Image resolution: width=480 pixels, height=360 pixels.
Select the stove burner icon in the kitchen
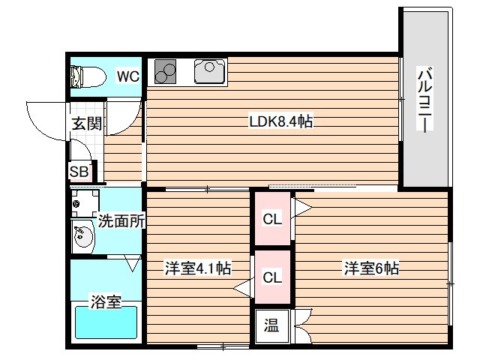166,72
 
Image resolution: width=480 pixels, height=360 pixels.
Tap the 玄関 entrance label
87,124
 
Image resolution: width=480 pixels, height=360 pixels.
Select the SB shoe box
79,171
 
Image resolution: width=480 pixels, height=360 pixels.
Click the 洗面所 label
121,221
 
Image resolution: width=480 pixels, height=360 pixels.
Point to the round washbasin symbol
82,237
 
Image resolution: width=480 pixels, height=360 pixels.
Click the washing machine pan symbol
85,202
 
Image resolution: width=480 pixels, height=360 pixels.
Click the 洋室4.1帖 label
197,268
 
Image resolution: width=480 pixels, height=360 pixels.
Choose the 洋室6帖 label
371,268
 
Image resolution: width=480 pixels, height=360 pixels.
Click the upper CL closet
271,219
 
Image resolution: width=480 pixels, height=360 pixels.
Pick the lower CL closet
271,277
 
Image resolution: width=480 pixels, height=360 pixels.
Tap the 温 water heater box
271,326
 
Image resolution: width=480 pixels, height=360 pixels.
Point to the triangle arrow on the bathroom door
133,264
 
